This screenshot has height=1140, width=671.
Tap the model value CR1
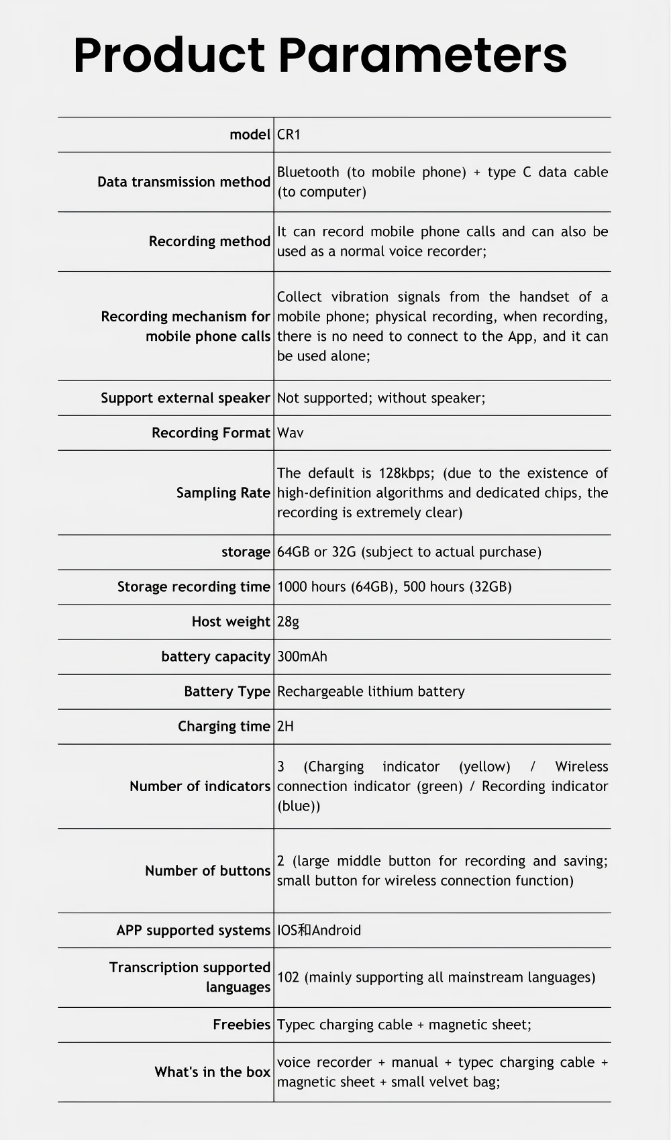click(x=289, y=134)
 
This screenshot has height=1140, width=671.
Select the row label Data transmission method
click(x=183, y=182)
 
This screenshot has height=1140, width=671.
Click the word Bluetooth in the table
click(x=308, y=172)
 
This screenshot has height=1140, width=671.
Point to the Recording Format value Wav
click(x=290, y=433)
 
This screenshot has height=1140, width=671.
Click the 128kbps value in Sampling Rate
click(x=406, y=473)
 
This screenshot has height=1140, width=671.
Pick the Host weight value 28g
click(x=288, y=621)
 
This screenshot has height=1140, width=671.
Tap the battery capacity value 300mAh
click(x=302, y=656)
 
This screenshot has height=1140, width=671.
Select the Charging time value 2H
click(x=285, y=726)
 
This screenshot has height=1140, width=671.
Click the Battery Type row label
click(x=227, y=691)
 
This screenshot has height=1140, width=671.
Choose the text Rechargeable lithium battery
click(x=370, y=691)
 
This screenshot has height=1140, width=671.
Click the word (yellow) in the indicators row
click(x=484, y=766)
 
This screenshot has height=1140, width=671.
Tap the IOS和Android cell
click(x=319, y=930)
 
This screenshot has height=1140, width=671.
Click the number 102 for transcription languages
click(x=288, y=977)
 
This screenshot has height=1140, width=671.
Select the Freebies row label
click(x=241, y=1025)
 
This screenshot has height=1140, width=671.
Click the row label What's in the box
click(x=212, y=1072)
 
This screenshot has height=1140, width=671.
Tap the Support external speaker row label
click(x=185, y=398)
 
